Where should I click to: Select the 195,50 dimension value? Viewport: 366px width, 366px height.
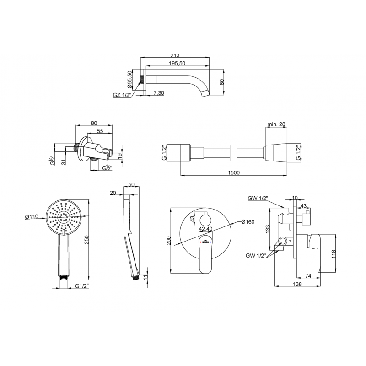[176, 64]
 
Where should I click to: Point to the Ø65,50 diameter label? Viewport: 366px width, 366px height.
[130, 79]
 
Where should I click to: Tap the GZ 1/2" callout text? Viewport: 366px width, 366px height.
[122, 95]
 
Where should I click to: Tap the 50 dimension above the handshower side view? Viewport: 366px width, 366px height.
[131, 185]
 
